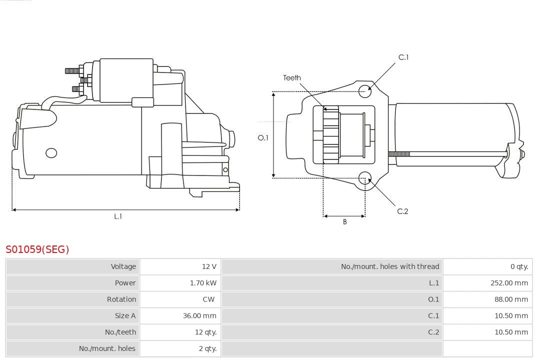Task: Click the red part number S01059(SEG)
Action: coord(37,249)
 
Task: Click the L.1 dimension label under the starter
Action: coord(118,216)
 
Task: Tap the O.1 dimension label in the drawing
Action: coord(263,137)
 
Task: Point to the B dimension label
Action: coord(344,222)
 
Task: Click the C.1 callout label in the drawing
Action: coord(403,57)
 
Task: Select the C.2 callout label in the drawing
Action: coord(402,211)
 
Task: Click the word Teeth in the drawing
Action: coord(292,77)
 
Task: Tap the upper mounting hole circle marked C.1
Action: coord(365,90)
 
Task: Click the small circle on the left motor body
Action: coord(51,153)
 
